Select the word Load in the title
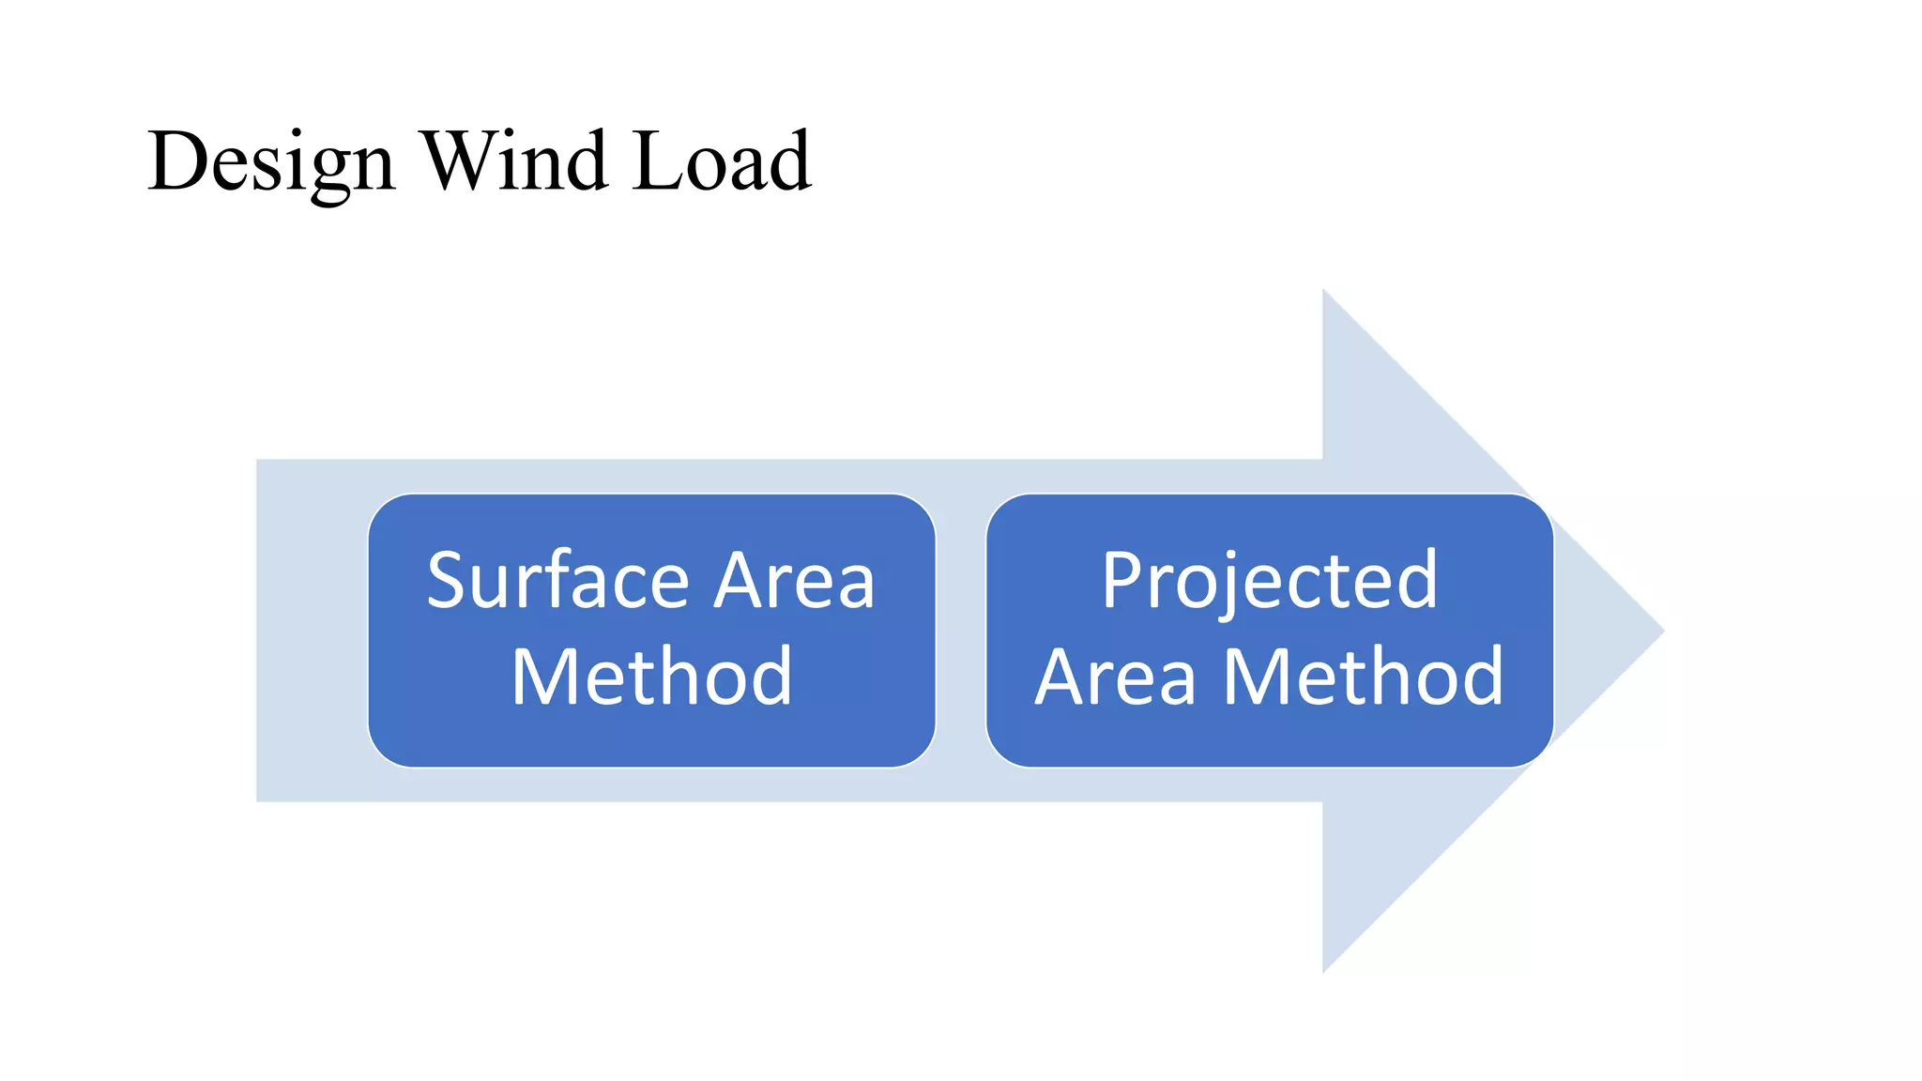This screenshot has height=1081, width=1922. [720, 161]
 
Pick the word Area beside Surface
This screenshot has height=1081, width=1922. [794, 582]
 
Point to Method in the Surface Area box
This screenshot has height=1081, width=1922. [652, 677]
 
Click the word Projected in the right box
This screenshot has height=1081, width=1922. [1270, 582]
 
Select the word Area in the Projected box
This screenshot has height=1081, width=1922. [1116, 677]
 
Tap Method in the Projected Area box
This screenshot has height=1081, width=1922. [1364, 677]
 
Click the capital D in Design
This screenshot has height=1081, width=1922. [179, 161]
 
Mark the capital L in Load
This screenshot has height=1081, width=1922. [656, 161]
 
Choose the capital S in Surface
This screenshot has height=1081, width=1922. [448, 582]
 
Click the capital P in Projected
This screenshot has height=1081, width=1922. [1121, 582]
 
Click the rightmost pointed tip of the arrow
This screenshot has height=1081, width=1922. [1662, 631]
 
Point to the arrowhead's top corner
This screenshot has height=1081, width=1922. [1324, 292]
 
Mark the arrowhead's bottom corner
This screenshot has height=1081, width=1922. [1324, 970]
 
